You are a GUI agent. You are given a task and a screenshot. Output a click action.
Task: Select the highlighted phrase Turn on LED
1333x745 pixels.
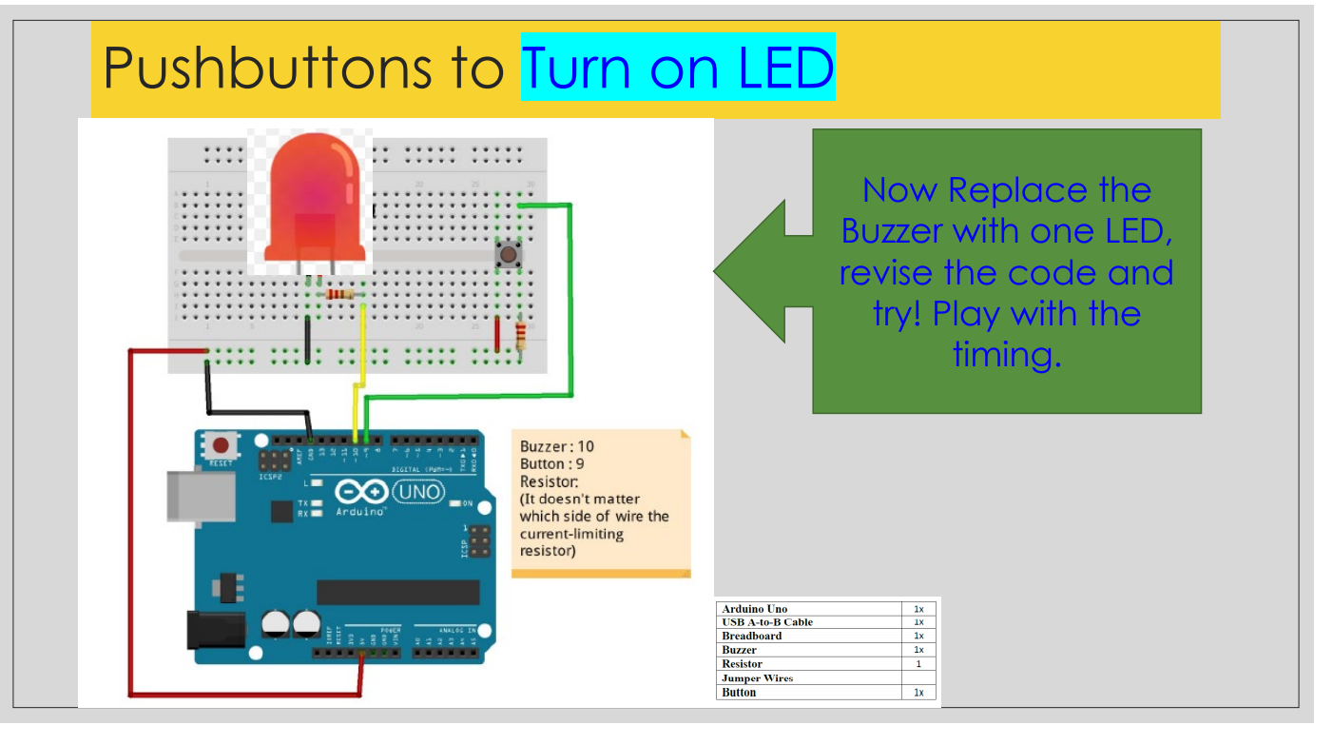(x=678, y=68)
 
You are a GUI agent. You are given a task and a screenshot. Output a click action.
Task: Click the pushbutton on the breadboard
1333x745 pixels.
(x=510, y=254)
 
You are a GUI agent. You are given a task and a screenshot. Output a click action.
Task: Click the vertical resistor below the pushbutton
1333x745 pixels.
(x=520, y=336)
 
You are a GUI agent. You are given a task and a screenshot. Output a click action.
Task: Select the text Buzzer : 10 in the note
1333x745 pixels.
(x=557, y=446)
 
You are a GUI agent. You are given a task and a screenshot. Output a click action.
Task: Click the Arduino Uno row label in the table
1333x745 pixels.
(x=755, y=609)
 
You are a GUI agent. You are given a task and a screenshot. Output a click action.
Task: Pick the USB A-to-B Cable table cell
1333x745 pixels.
(x=767, y=622)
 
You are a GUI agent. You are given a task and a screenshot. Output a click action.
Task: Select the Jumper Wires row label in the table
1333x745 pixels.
(x=758, y=678)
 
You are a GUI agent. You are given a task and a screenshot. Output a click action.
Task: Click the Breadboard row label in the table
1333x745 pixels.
(x=752, y=636)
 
